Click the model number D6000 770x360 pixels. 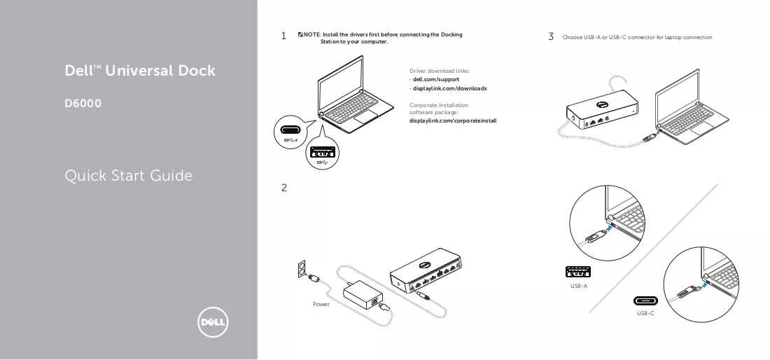tap(83, 104)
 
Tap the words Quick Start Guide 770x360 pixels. tap(129, 176)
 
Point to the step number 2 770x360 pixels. tap(283, 188)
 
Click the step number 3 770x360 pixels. tap(551, 36)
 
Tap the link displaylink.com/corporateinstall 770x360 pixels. tap(453, 121)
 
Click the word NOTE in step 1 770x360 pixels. tap(311, 34)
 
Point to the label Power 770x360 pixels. tap(321, 305)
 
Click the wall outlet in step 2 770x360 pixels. tap(302, 269)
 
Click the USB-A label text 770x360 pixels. tap(578, 286)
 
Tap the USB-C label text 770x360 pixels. tap(645, 313)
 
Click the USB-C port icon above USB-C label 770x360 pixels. tap(645, 301)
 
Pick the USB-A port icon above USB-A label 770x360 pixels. tap(578, 272)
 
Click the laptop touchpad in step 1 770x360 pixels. tap(365, 117)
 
